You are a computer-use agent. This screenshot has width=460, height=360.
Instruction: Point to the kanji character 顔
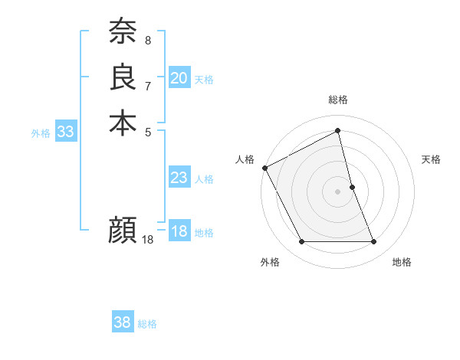tap(123, 229)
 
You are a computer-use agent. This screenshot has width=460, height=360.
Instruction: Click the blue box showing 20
tap(179, 78)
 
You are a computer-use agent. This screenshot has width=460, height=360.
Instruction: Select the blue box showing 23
tap(179, 178)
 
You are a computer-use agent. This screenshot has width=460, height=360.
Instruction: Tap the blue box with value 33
tap(66, 132)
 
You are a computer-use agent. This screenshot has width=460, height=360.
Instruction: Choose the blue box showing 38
tap(123, 322)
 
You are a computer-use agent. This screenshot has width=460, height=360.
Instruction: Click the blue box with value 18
tap(179, 232)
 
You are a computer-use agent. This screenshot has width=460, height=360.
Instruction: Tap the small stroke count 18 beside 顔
tap(148, 240)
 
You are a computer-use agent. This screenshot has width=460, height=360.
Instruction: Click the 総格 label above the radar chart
tap(338, 100)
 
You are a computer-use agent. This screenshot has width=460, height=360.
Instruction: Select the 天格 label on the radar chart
tap(432, 159)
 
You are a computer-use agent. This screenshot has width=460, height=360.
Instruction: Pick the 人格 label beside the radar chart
tap(245, 159)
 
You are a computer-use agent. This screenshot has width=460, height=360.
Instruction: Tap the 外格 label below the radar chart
tap(270, 263)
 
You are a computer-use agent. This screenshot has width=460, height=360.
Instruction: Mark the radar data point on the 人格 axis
tap(264, 168)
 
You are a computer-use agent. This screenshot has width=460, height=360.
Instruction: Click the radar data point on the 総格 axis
tap(338, 132)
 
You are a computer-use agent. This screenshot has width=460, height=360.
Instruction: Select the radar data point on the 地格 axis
tap(374, 242)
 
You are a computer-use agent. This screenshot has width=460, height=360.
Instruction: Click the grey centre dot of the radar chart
tap(338, 191)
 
